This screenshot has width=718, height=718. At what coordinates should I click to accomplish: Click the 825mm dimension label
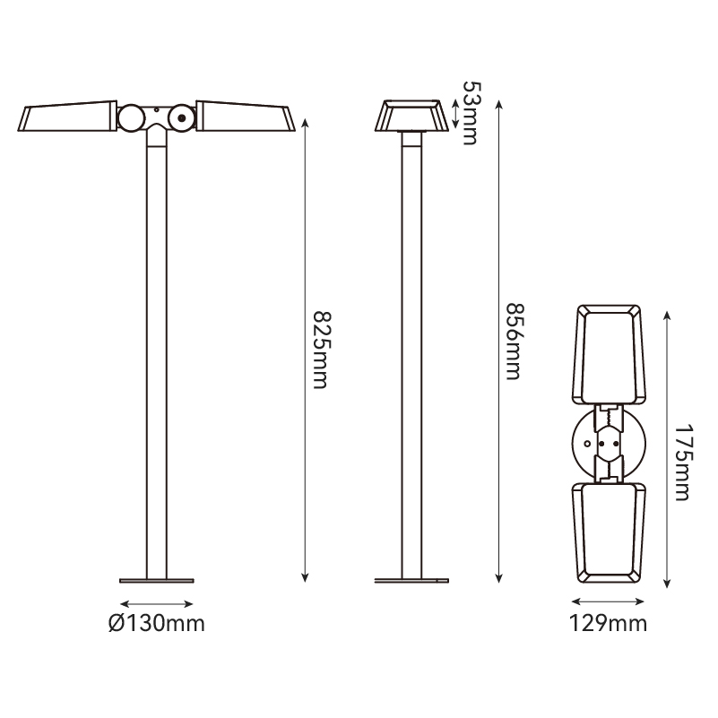(x=320, y=350)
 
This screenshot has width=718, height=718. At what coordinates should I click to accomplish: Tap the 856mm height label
(x=514, y=342)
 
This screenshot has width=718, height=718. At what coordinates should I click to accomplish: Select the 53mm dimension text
(x=471, y=113)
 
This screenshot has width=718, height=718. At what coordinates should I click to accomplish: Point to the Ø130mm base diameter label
(x=157, y=623)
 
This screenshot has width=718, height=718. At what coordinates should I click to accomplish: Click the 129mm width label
(x=608, y=623)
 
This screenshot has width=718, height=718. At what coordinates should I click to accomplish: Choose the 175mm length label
(x=682, y=463)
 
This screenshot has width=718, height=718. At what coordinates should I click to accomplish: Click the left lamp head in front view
(x=68, y=116)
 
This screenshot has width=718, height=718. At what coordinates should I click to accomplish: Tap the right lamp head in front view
(x=246, y=116)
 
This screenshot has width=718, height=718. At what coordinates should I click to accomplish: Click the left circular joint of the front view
(x=132, y=118)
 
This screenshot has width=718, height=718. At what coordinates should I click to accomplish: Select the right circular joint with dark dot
(x=182, y=118)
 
